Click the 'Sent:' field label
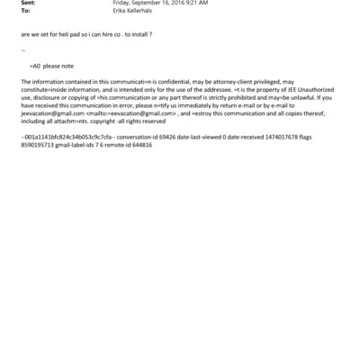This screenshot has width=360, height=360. coord(26,4)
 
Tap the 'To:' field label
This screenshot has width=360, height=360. coord(23,12)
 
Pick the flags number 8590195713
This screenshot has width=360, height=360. coord(38,144)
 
